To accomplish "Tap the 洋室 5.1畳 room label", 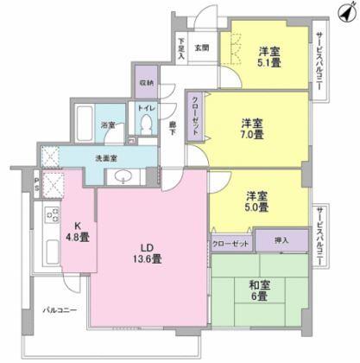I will click(x=267, y=57).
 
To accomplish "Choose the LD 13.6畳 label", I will click(x=142, y=252).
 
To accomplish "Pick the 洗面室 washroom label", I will click(x=106, y=157).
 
